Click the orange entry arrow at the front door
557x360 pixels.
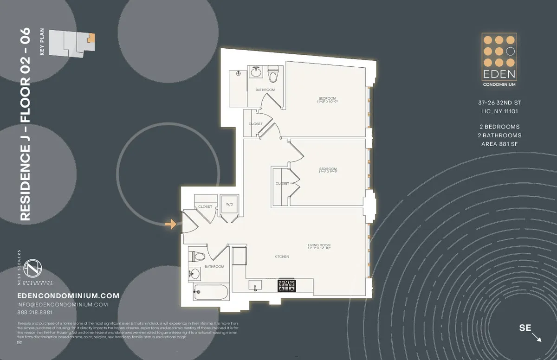tap(171, 225)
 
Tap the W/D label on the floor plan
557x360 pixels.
tap(229, 204)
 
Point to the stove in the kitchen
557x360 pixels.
tap(286, 285)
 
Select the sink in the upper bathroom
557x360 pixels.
tap(256, 72)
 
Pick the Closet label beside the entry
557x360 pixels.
tap(205, 206)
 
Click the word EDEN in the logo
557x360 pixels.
tap(499, 75)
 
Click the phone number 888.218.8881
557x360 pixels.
tap(35, 312)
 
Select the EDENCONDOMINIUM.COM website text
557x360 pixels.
tap(68, 296)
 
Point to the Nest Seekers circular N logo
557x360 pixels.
tap(33, 268)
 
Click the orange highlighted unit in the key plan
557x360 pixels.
tap(91, 38)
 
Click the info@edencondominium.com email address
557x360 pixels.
tap(62, 304)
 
